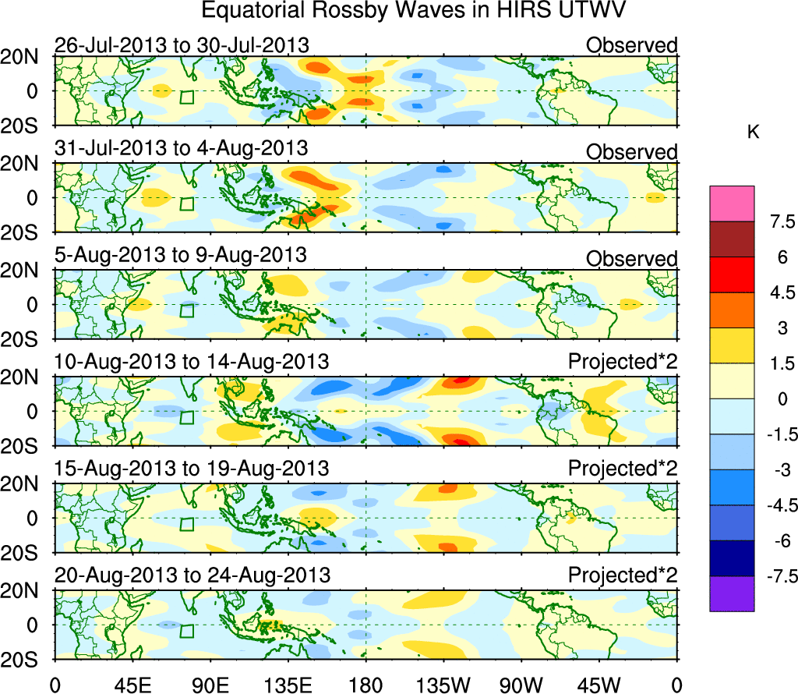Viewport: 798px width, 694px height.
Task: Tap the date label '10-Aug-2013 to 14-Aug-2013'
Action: point(192,363)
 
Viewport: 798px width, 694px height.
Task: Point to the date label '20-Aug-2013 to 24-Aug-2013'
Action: point(192,575)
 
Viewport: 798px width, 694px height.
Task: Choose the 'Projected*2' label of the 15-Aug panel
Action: point(622,469)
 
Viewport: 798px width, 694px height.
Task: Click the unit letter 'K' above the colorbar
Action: point(753,133)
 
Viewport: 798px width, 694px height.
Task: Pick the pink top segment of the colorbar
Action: point(732,204)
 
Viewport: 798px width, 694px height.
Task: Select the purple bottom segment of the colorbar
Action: point(732,593)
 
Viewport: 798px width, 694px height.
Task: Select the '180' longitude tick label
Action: point(366,685)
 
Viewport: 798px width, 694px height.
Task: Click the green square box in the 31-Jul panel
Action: point(186,204)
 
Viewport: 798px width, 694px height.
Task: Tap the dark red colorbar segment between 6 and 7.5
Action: point(732,239)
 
